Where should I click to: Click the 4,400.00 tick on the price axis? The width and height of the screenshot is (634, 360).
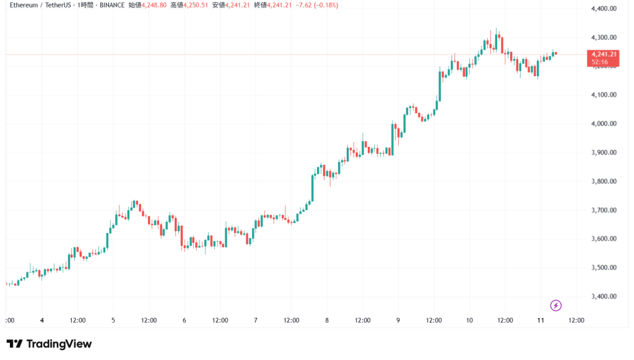point(604,9)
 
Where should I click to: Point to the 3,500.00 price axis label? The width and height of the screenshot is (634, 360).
point(604,268)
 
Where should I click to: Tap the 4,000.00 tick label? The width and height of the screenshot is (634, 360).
point(604,123)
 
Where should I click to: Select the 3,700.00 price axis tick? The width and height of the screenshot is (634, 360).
point(604,210)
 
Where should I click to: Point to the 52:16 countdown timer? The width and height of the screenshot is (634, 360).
point(599,62)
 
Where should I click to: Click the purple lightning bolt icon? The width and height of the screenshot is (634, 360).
point(556,305)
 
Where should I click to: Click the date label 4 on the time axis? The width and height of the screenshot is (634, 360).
point(41,320)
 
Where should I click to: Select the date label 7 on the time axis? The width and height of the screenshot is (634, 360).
point(256,320)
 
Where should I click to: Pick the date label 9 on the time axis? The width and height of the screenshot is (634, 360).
point(398,320)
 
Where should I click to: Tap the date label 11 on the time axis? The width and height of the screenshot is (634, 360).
point(541,320)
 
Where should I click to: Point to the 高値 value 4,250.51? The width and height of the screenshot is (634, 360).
point(198,5)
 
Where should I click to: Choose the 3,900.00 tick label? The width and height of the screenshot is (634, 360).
point(604,152)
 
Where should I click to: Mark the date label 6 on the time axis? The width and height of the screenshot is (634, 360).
point(185,320)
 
